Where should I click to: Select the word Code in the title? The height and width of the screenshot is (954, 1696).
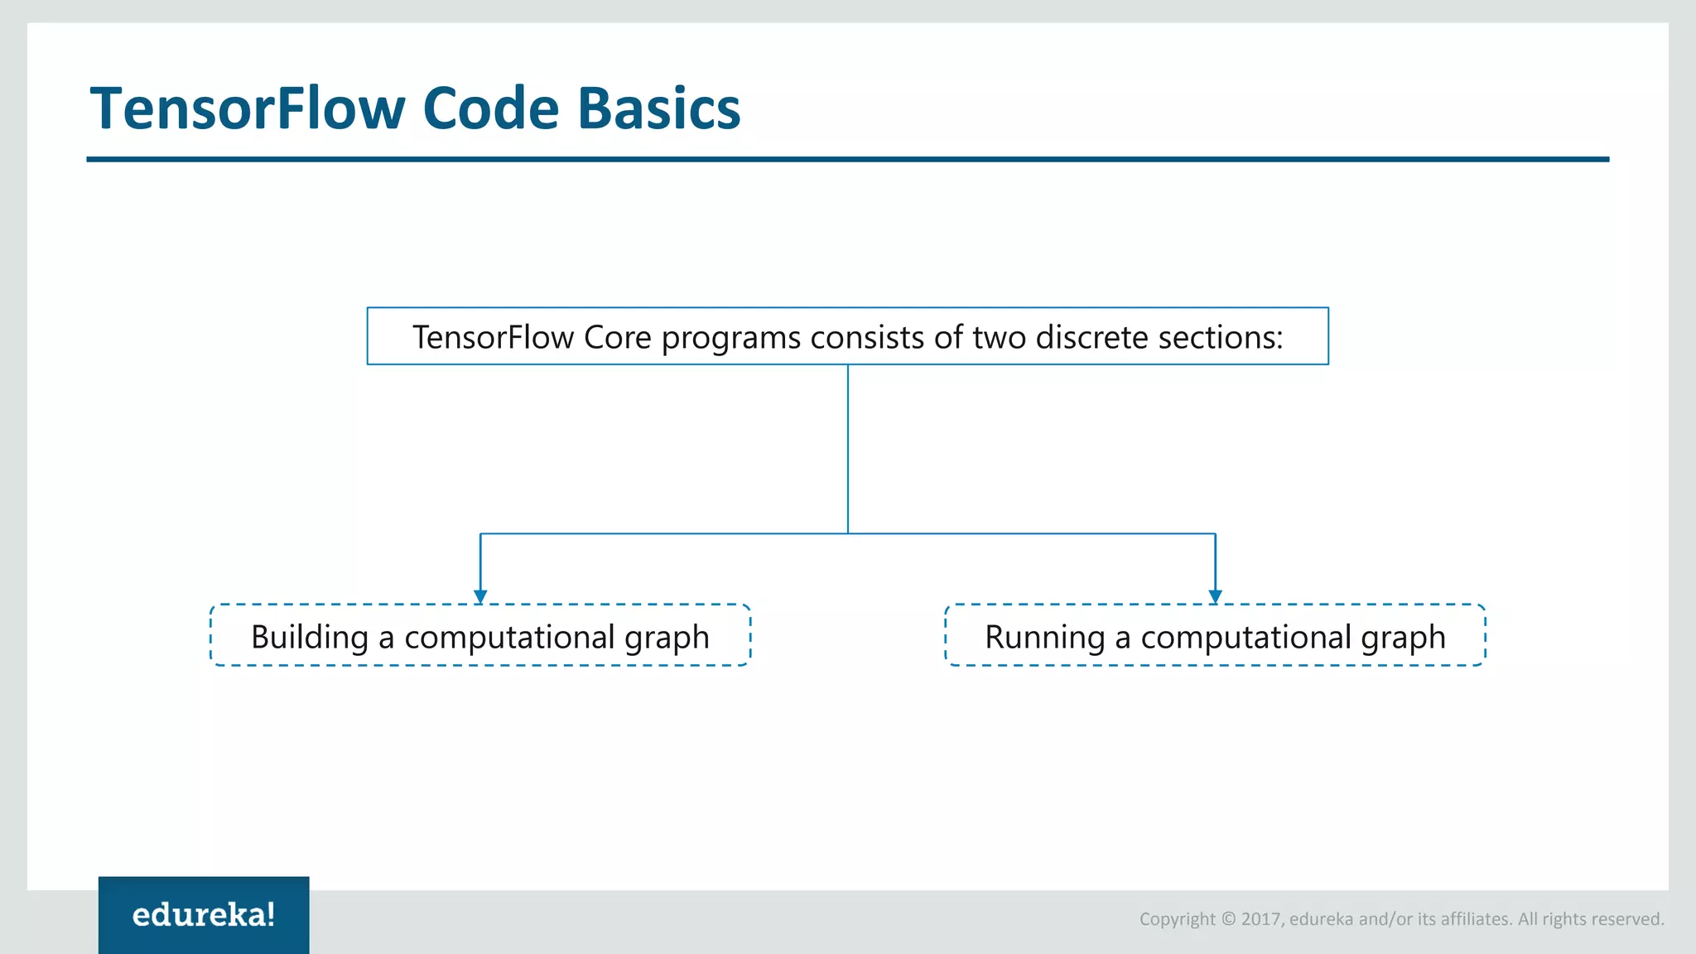[491, 109]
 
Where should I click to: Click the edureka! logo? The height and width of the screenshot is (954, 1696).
[204, 914]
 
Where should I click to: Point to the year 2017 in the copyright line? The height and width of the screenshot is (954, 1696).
[1260, 919]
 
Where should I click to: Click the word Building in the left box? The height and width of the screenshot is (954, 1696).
[310, 637]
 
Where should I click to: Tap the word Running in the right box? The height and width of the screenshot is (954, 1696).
[1044, 637]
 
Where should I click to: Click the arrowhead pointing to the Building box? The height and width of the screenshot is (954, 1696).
[480, 596]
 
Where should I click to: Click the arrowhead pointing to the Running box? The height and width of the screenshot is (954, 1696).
[1215, 596]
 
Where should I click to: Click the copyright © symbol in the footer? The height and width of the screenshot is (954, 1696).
[1228, 919]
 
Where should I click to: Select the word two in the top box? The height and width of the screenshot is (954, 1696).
[999, 337]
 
